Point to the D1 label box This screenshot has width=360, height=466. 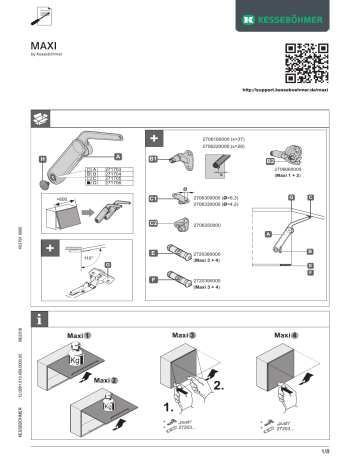point(153,159)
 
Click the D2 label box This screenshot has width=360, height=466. point(270,160)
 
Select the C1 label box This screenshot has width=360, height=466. point(153,198)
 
